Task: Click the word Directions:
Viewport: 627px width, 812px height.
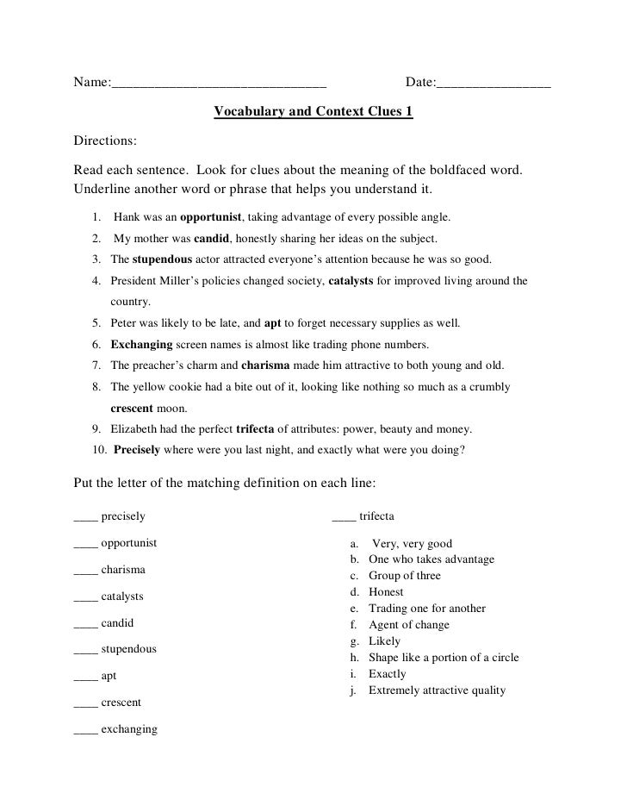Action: pos(105,141)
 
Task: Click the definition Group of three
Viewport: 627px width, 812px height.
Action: pos(405,576)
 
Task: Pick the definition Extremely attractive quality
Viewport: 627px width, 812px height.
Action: pos(437,690)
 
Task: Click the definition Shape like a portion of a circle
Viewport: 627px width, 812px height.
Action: pos(444,658)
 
